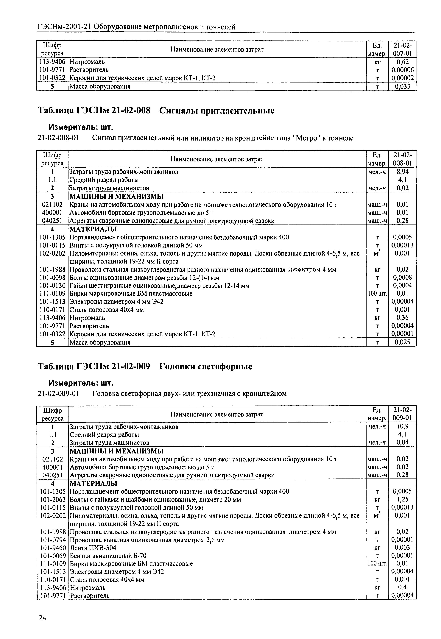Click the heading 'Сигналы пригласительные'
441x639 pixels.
tap(217, 111)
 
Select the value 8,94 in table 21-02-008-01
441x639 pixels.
tap(402, 172)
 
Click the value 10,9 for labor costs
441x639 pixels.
tap(402, 427)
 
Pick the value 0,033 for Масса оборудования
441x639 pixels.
tap(402, 86)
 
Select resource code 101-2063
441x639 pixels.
tap(52, 499)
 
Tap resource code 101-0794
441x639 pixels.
tap(52, 540)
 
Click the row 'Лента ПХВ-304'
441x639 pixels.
tap(93, 548)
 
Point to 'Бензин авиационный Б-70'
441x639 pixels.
tap(108, 556)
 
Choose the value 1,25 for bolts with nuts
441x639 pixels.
tap(402, 499)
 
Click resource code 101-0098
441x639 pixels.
tap(52, 277)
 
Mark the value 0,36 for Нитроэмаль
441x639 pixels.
tap(402, 318)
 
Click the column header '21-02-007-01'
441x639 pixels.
tap(402, 49)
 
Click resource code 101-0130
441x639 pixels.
tap(52, 285)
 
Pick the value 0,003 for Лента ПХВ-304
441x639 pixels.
tap(402, 548)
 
